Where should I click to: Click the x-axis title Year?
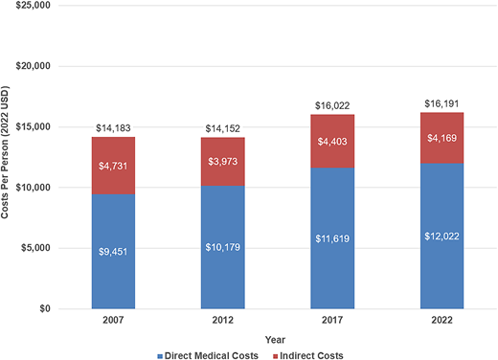coord(275,338)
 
